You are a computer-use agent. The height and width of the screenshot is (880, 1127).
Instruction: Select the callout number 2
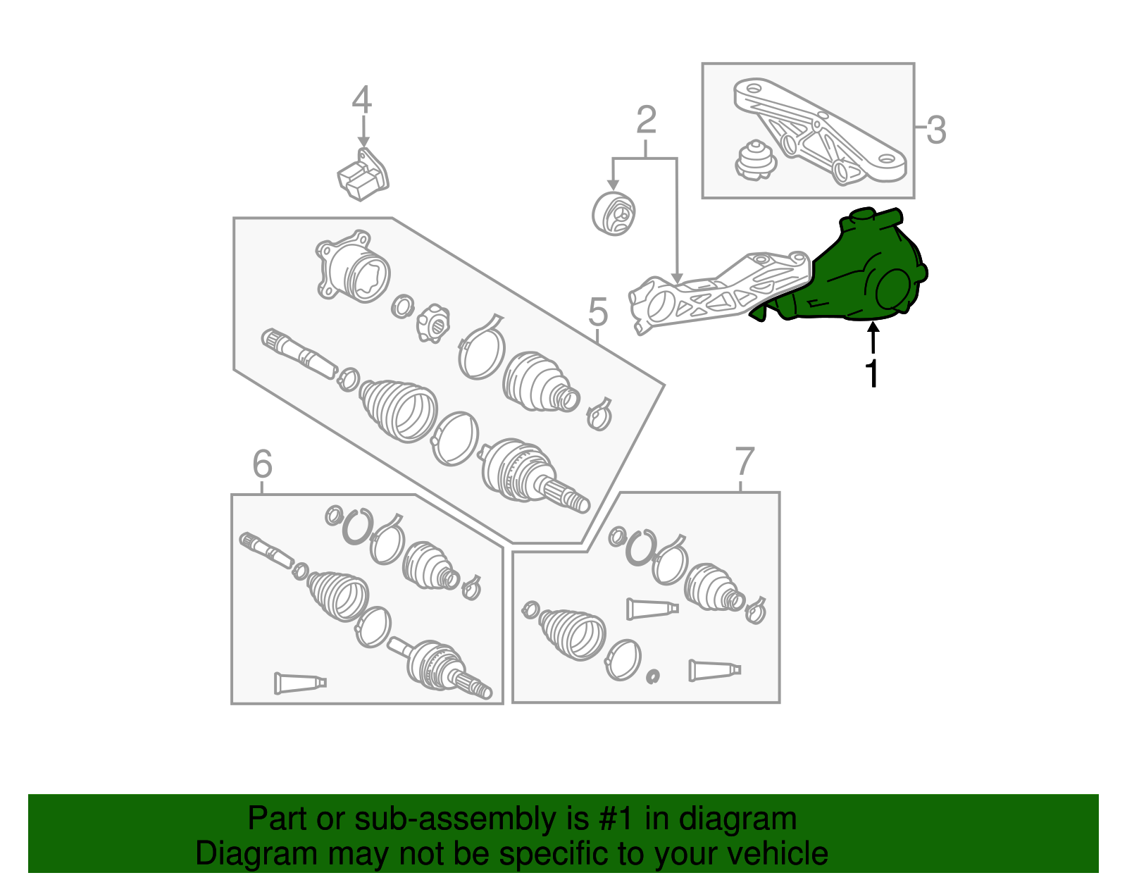click(646, 120)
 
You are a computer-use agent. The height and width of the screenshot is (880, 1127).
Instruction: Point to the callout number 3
click(936, 130)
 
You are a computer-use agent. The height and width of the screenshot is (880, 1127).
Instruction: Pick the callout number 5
click(598, 311)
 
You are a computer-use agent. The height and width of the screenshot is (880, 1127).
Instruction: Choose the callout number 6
click(263, 464)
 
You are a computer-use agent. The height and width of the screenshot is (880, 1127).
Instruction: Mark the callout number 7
click(745, 461)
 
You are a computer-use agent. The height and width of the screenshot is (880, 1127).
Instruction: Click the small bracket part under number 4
click(363, 174)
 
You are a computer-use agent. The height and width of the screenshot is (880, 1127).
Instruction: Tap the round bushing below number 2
click(614, 213)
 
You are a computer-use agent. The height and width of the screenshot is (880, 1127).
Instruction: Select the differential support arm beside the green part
click(718, 292)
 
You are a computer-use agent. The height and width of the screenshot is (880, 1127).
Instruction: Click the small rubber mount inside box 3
click(756, 160)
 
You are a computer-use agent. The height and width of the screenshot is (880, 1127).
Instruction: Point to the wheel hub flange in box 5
click(353, 266)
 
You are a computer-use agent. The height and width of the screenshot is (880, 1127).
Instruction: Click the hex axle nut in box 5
click(433, 323)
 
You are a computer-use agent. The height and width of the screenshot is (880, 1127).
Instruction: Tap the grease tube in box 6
click(300, 683)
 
